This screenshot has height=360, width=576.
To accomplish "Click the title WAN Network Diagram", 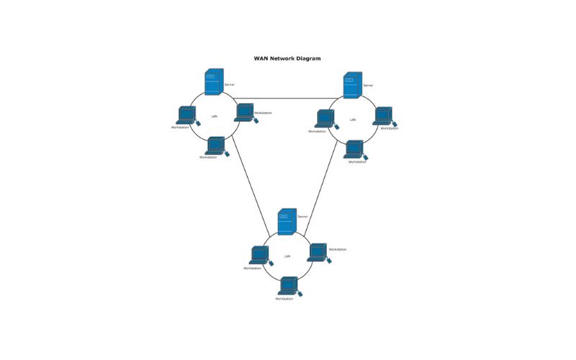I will [287, 58].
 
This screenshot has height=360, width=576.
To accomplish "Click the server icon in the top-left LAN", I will [213, 82].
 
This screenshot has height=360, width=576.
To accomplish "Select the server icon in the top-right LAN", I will [352, 85].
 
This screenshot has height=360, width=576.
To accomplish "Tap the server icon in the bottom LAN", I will [287, 221].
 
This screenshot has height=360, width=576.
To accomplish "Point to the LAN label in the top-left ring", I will [214, 116].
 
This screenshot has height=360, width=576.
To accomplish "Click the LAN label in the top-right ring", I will [353, 120].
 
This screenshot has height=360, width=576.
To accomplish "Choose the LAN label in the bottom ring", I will [287, 256].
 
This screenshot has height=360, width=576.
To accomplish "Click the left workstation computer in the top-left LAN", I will [186, 115].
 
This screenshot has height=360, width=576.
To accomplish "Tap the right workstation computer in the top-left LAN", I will [244, 112].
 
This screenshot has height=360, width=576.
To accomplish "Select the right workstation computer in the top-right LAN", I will [382, 116].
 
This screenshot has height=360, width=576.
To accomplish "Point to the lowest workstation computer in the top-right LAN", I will [354, 149].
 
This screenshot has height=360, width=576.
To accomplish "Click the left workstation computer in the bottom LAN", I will [259, 256].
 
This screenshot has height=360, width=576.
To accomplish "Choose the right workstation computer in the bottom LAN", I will [318, 252].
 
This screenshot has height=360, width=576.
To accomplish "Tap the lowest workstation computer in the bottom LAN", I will [289, 286].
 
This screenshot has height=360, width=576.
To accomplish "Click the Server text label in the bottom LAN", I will [302, 217].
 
